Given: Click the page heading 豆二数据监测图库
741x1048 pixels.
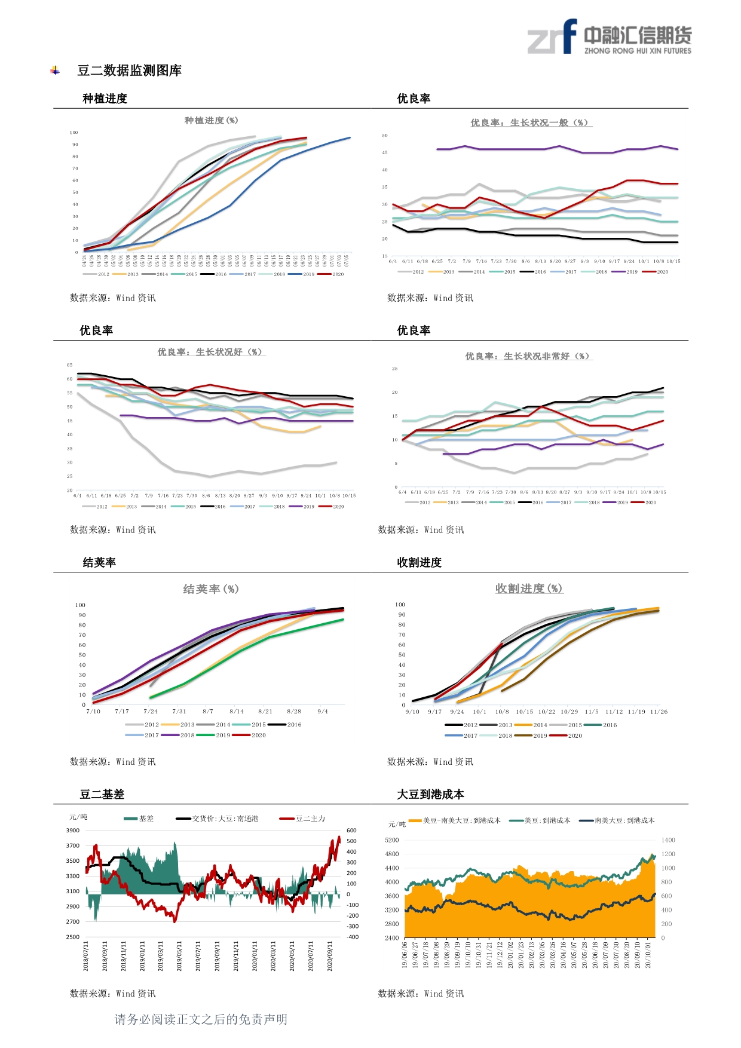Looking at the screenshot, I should tap(129, 71).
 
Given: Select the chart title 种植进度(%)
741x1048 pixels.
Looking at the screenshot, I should tap(211, 121).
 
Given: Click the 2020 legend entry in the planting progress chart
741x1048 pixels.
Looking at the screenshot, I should tap(332, 274).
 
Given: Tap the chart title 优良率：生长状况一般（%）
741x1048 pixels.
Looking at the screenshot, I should tap(531, 122).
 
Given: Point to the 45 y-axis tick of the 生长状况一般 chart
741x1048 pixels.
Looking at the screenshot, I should tap(385, 153).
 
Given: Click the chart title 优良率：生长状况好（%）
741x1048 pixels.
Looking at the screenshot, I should tap(211, 353).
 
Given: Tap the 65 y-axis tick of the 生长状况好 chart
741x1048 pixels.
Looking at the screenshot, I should tap(70, 365).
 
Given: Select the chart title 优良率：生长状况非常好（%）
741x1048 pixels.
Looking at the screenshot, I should tap(528, 356).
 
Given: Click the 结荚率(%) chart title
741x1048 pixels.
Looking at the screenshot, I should tap(211, 589).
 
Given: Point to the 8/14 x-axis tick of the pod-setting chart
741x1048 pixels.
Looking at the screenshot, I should tap(237, 712).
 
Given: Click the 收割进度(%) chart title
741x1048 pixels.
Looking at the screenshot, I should tap(529, 589).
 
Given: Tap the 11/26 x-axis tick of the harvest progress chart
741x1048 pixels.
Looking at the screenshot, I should tap(659, 712).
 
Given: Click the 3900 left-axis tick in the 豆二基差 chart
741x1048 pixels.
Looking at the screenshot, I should tap(72, 831).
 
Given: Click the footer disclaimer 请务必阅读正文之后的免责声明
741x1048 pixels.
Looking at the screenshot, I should tap(201, 1019).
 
